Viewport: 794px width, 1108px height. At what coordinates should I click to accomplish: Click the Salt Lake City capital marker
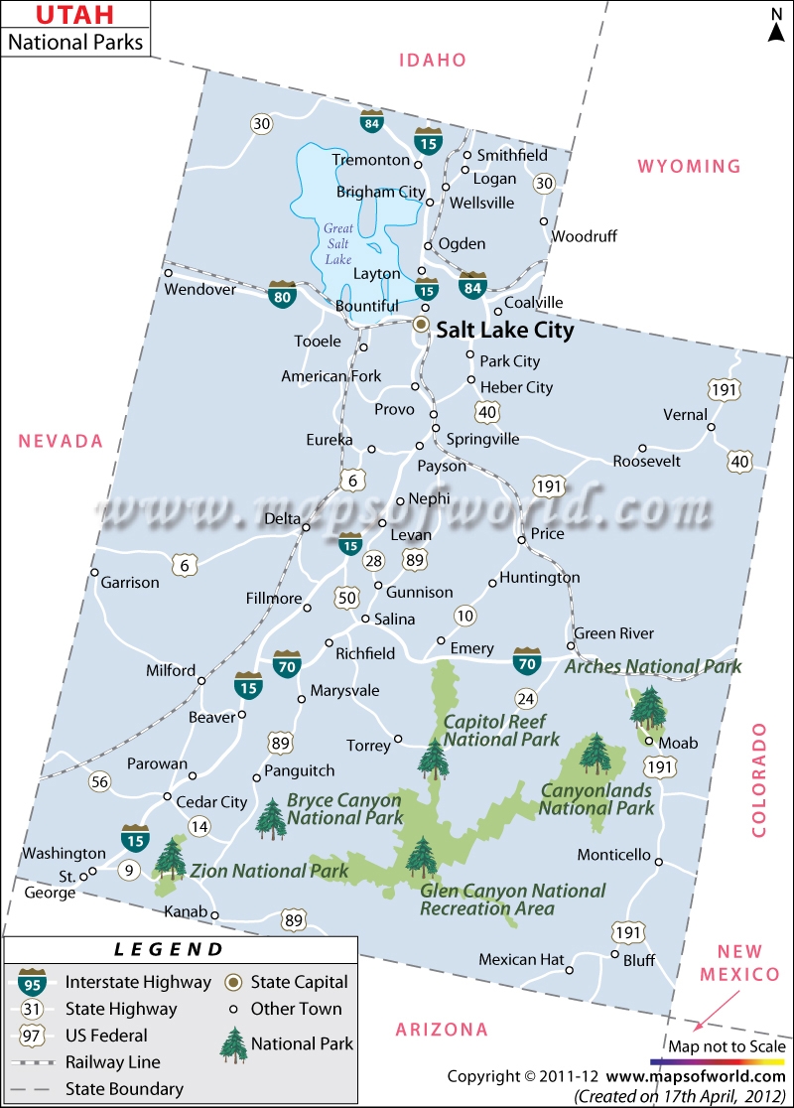tap(421, 325)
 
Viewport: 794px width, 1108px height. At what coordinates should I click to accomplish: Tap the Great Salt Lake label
tap(338, 243)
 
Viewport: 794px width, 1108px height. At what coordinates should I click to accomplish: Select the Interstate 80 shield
tap(282, 293)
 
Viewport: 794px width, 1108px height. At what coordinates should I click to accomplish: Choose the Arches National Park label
tap(652, 667)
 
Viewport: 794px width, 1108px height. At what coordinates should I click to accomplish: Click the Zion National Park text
tap(269, 871)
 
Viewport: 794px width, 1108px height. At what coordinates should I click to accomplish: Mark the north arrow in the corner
tap(775, 26)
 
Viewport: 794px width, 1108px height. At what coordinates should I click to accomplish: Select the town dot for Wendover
tap(169, 273)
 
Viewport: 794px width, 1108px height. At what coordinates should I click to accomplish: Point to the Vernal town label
tap(685, 414)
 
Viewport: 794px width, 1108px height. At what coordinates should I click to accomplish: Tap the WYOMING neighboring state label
tap(689, 166)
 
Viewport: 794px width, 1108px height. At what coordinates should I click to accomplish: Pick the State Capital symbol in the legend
tap(234, 982)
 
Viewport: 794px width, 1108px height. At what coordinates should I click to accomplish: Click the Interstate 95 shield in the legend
tap(31, 982)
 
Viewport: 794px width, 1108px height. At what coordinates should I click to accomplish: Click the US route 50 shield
tap(346, 598)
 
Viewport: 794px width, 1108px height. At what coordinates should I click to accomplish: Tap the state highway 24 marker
tap(526, 697)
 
